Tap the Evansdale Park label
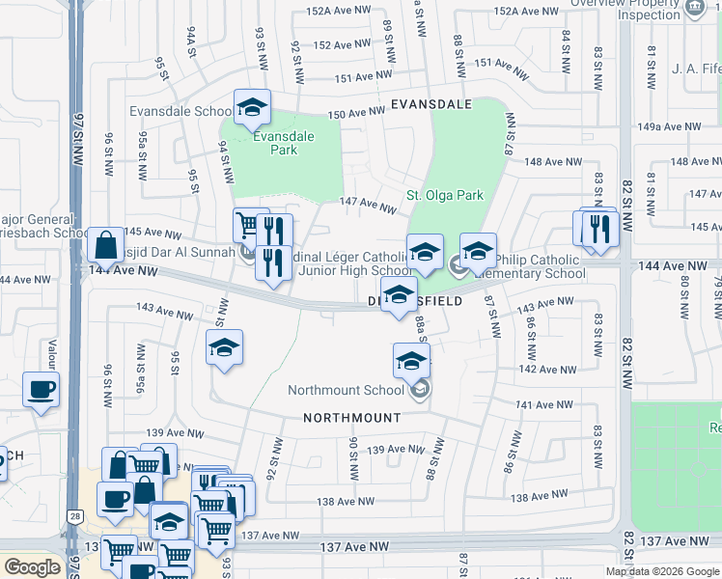pos(283,143)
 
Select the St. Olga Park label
pos(444,195)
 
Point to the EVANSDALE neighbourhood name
pos(430,103)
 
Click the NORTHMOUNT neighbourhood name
pos(351,418)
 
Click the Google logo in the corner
pos(33,567)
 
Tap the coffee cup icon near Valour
pos(41,391)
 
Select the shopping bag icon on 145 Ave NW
pos(104,244)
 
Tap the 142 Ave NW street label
pos(547,369)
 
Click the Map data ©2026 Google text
pos(662,571)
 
